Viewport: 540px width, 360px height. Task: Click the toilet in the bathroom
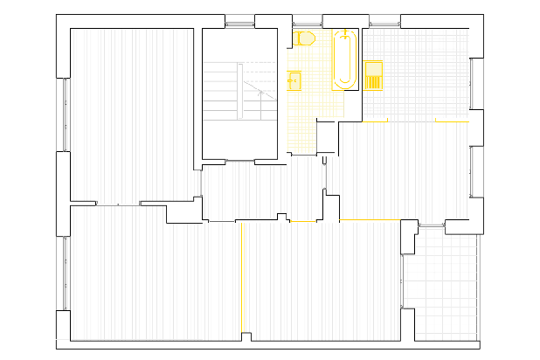tap(304, 38)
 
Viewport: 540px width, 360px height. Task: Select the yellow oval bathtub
tap(345, 59)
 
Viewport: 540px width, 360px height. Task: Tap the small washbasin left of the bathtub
tap(294, 80)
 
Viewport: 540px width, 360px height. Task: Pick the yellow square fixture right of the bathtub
tap(372, 74)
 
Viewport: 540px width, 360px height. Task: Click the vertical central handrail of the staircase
tap(240, 91)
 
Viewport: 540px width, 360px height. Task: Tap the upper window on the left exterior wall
tap(65, 114)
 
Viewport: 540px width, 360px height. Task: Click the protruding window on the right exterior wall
tap(477, 171)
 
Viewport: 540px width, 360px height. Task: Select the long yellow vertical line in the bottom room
tap(239, 280)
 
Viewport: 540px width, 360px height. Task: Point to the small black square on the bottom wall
tap(246, 336)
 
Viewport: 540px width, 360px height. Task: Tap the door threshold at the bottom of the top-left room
tap(118, 204)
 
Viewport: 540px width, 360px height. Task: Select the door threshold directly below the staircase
tap(240, 161)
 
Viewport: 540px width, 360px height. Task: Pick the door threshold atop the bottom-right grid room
tap(432, 226)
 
